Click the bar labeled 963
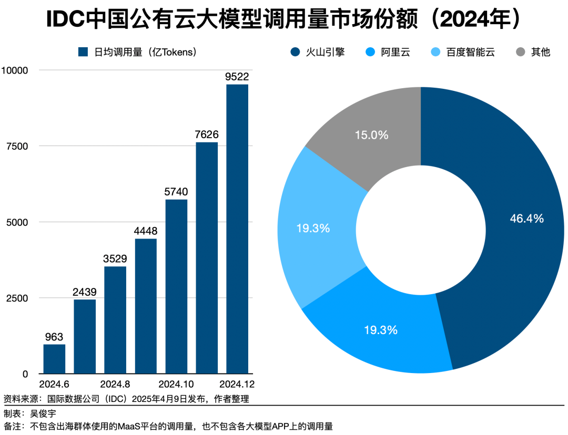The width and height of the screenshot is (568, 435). coord(54,359)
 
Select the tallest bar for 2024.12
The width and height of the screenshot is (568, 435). coord(237,229)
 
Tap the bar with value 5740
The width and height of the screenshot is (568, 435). coord(176,286)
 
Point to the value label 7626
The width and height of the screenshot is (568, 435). coord(207,134)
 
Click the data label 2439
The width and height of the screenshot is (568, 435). coord(85,292)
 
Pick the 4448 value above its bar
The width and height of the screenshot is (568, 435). coord(146,231)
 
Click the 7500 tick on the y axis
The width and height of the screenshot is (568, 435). coord(16,146)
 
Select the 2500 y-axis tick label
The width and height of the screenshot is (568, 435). coord(16,298)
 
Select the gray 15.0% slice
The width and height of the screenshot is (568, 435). coord(371,135)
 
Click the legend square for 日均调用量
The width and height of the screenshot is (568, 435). coord(83,52)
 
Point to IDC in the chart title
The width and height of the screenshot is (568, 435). coord(65,19)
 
